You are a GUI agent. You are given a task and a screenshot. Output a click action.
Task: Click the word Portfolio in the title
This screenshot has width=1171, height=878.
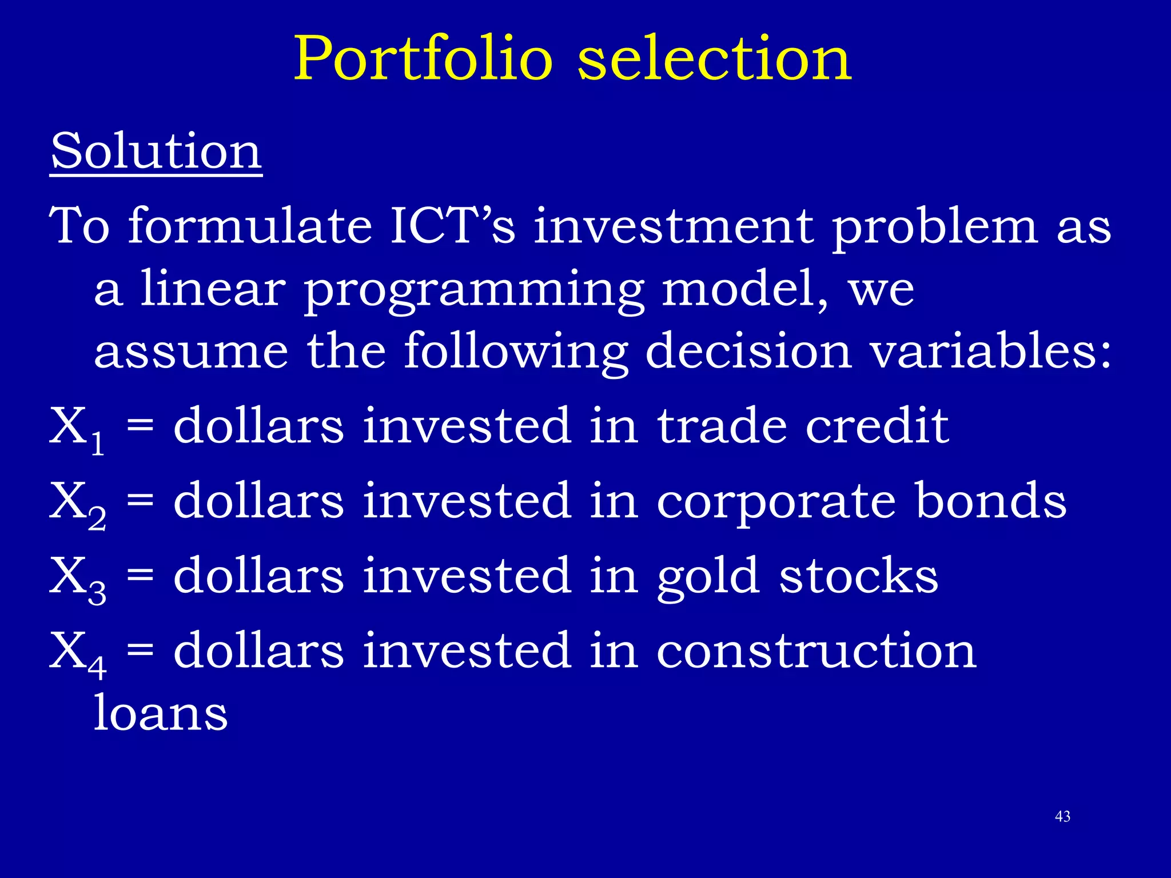point(423,59)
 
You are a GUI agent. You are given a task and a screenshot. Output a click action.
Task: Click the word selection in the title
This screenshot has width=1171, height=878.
point(715,59)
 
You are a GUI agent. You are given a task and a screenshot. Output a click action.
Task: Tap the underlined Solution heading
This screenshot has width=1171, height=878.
point(156,151)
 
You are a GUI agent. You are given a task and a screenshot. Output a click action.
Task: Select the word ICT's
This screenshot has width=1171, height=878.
point(452,226)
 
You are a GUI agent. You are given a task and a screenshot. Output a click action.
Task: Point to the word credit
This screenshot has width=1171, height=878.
point(877,425)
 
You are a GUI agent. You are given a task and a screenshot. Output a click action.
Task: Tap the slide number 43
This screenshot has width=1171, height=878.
point(1062,817)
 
